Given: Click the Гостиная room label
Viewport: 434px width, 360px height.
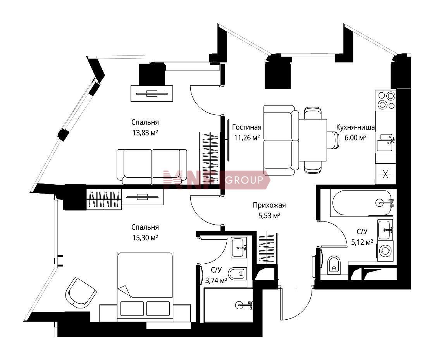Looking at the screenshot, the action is pyautogui.click(x=246, y=127).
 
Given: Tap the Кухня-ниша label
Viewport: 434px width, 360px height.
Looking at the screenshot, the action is pyautogui.click(x=355, y=127).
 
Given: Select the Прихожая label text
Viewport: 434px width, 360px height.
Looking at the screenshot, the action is pyautogui.click(x=269, y=205).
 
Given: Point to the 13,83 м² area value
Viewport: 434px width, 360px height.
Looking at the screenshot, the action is pyautogui.click(x=145, y=133).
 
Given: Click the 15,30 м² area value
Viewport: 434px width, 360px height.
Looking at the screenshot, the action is pyautogui.click(x=145, y=237).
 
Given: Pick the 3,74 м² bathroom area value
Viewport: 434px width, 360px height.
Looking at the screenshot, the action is pyautogui.click(x=216, y=280).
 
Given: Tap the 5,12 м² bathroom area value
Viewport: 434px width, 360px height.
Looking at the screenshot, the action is pyautogui.click(x=362, y=242).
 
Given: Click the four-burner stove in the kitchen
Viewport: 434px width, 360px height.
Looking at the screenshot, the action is pyautogui.click(x=385, y=100).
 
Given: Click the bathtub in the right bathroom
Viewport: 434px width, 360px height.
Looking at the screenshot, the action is pyautogui.click(x=362, y=203).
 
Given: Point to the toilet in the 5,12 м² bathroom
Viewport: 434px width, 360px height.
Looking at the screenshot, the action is pyautogui.click(x=333, y=265).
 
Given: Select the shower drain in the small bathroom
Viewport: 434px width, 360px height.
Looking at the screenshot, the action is pyautogui.click(x=239, y=305).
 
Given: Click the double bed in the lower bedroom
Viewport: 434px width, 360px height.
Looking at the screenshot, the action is pyautogui.click(x=145, y=287).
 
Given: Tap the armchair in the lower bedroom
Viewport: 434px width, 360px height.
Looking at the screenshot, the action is pyautogui.click(x=80, y=293).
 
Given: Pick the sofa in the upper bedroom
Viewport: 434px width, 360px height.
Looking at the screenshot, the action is pyautogui.click(x=152, y=166).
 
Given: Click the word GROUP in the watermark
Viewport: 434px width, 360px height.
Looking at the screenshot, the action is pyautogui.click(x=244, y=180).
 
